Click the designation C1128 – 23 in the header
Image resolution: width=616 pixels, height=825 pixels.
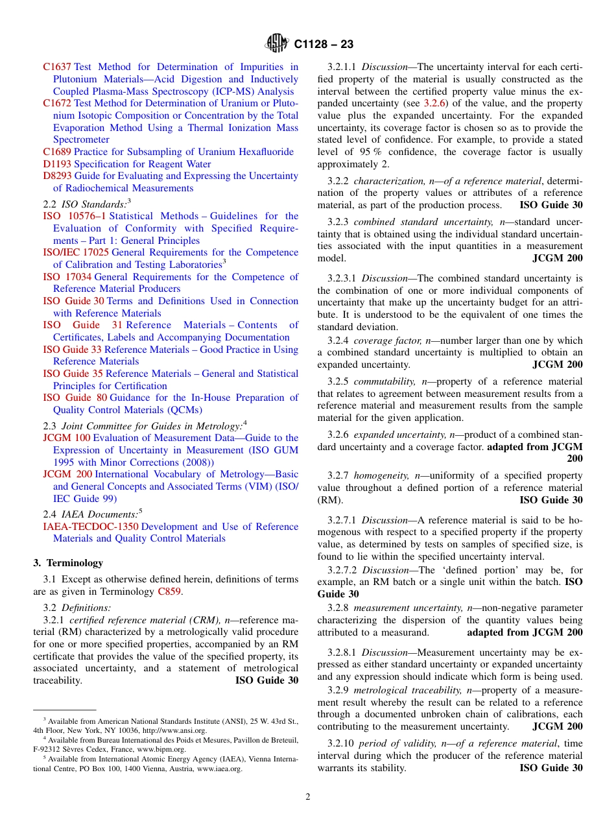pyautogui.click(x=324, y=45)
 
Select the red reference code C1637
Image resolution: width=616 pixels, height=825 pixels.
pyautogui.click(x=57, y=67)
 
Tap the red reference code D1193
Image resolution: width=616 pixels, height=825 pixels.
pyautogui.click(x=57, y=164)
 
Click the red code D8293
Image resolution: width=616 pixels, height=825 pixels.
pyautogui.click(x=57, y=176)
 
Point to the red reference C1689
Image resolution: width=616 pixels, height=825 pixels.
pyautogui.click(x=57, y=152)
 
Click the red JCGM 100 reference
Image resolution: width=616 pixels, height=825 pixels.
pyautogui.click(x=66, y=438)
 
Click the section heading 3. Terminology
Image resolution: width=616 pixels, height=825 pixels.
pyautogui.click(x=68, y=563)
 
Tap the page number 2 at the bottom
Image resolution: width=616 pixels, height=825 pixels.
pyautogui.click(x=308, y=797)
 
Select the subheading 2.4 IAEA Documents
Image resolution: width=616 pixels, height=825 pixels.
pyautogui.click(x=90, y=514)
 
